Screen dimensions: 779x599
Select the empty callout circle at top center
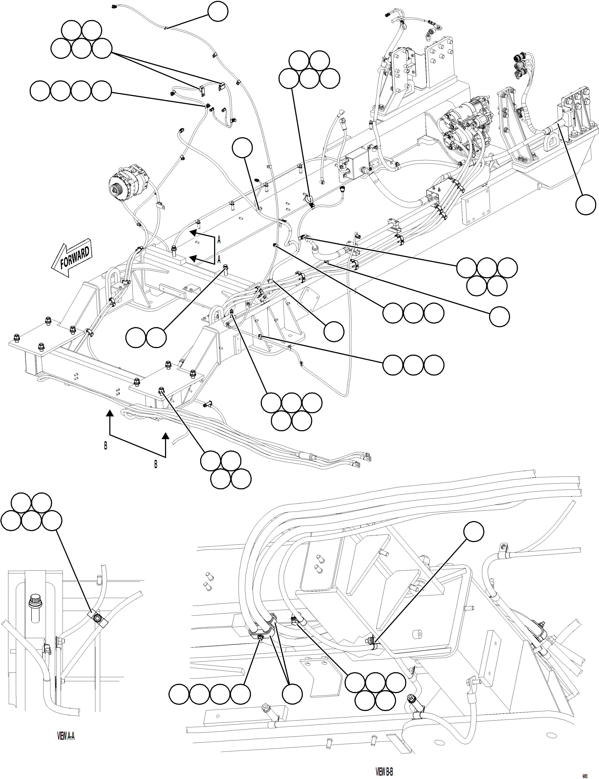coord(218,12)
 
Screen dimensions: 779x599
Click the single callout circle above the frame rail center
coord(242,148)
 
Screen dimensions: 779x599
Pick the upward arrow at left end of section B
coord(110,414)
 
